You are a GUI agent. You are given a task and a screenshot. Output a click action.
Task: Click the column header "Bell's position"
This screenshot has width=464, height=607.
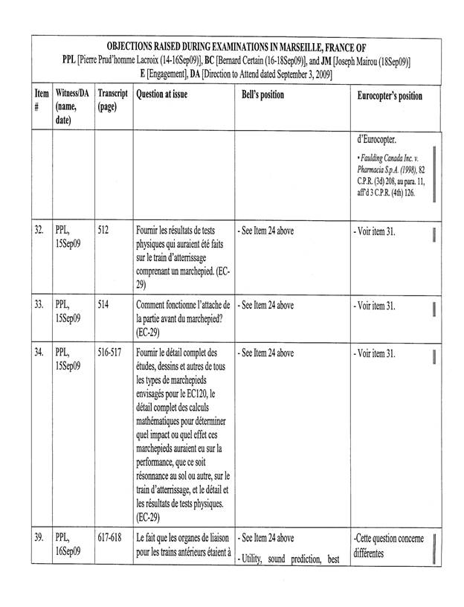262,96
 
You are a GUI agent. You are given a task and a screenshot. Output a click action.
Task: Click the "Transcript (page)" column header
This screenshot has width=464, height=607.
112,101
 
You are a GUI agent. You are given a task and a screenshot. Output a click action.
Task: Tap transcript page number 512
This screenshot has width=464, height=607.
103,231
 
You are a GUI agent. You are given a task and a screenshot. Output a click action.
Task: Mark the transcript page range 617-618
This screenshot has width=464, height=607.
109,538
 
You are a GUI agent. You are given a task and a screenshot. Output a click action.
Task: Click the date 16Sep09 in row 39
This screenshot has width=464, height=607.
69,552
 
